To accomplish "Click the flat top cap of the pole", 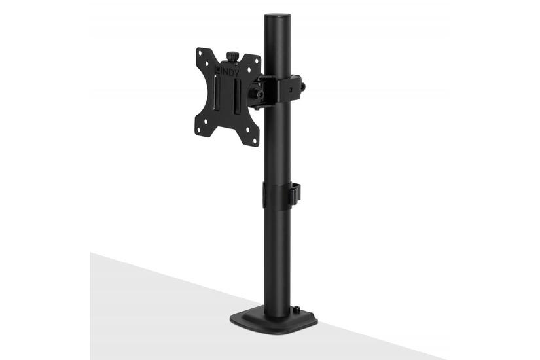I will coord(278,16).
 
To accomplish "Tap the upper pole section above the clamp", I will coord(278,46).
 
